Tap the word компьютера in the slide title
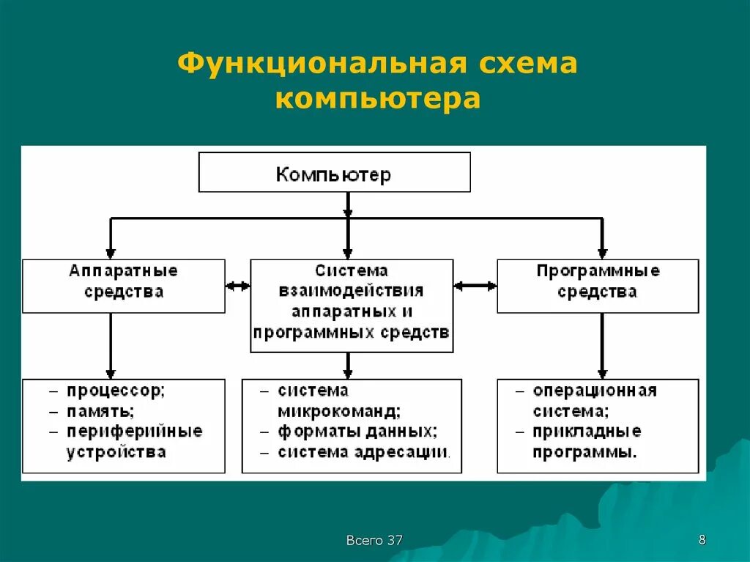[x=378, y=98]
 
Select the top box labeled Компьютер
[x=334, y=173]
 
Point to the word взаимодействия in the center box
[x=352, y=291]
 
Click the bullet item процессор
[x=116, y=391]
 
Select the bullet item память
[x=101, y=411]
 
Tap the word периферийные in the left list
[x=135, y=431]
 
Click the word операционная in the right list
[x=595, y=391]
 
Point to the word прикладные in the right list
[x=587, y=431]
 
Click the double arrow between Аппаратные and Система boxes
[x=238, y=286]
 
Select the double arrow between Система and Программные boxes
[x=475, y=286]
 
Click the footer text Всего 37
[x=374, y=541]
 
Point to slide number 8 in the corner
[x=702, y=541]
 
